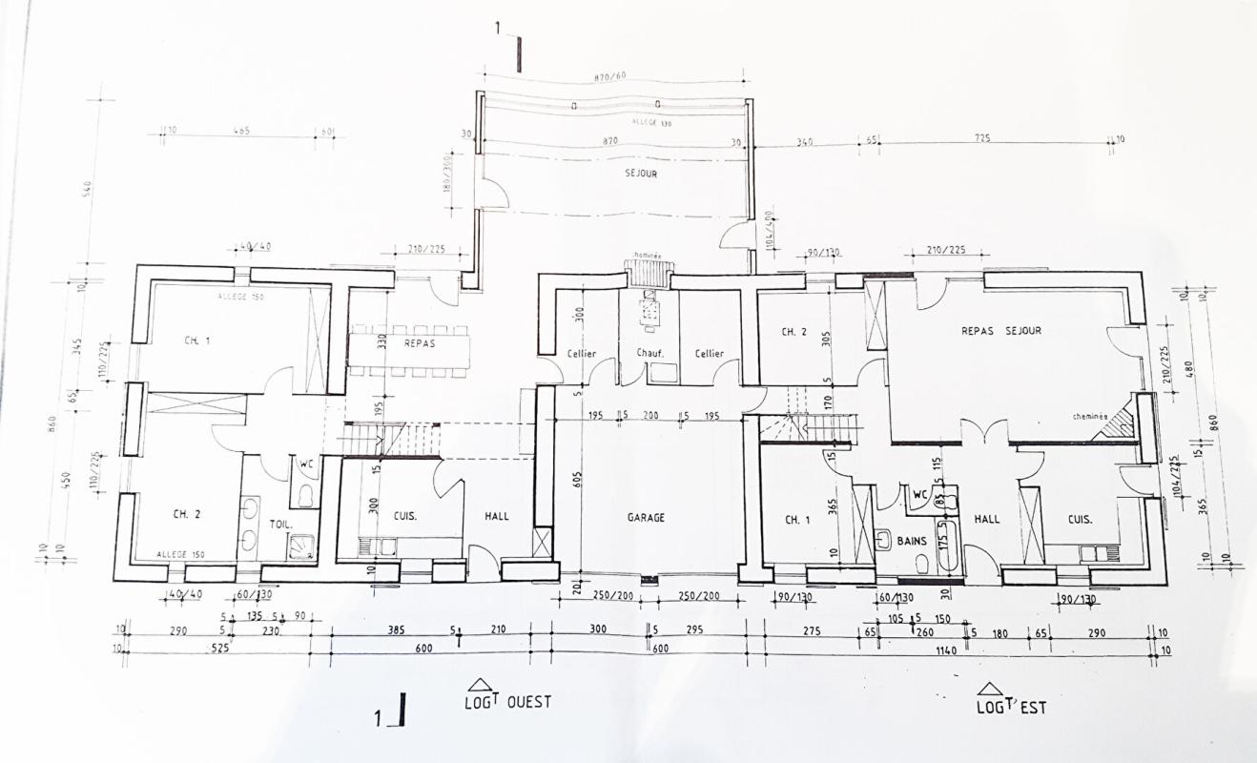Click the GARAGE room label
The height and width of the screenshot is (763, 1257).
(x=646, y=518)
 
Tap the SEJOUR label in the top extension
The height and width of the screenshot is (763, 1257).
(x=641, y=175)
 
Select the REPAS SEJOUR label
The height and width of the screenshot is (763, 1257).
(x=1000, y=331)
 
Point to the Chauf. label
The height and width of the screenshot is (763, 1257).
(x=650, y=354)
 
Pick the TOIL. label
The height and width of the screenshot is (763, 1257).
(x=279, y=525)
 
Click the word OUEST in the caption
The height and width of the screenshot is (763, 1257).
(x=528, y=702)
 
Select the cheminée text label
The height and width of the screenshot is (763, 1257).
(x=1089, y=416)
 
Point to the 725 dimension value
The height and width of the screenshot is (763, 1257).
(x=982, y=138)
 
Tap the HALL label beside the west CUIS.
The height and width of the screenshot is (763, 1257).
(x=496, y=516)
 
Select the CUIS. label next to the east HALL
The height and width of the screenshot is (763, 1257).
(x=1080, y=520)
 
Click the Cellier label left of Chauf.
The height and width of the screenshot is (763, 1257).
(x=581, y=354)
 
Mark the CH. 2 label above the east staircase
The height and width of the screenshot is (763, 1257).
(x=793, y=332)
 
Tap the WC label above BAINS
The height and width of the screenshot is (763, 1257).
(x=919, y=495)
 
